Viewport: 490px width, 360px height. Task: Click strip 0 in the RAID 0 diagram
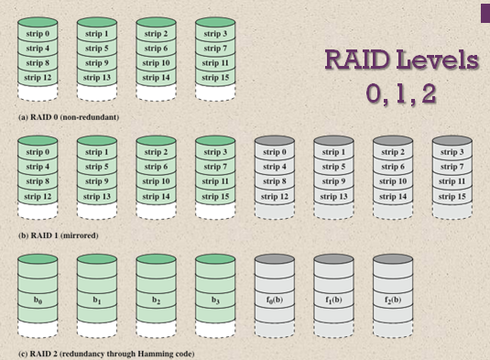click(x=37, y=34)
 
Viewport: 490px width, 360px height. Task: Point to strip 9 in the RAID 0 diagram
click(x=96, y=63)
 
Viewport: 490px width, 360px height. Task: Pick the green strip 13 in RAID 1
click(x=96, y=196)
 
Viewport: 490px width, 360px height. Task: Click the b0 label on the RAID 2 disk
click(x=37, y=298)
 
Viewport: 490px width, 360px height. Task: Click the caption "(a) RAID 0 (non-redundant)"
click(x=69, y=118)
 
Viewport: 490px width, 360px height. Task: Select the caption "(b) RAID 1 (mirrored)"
click(x=58, y=235)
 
